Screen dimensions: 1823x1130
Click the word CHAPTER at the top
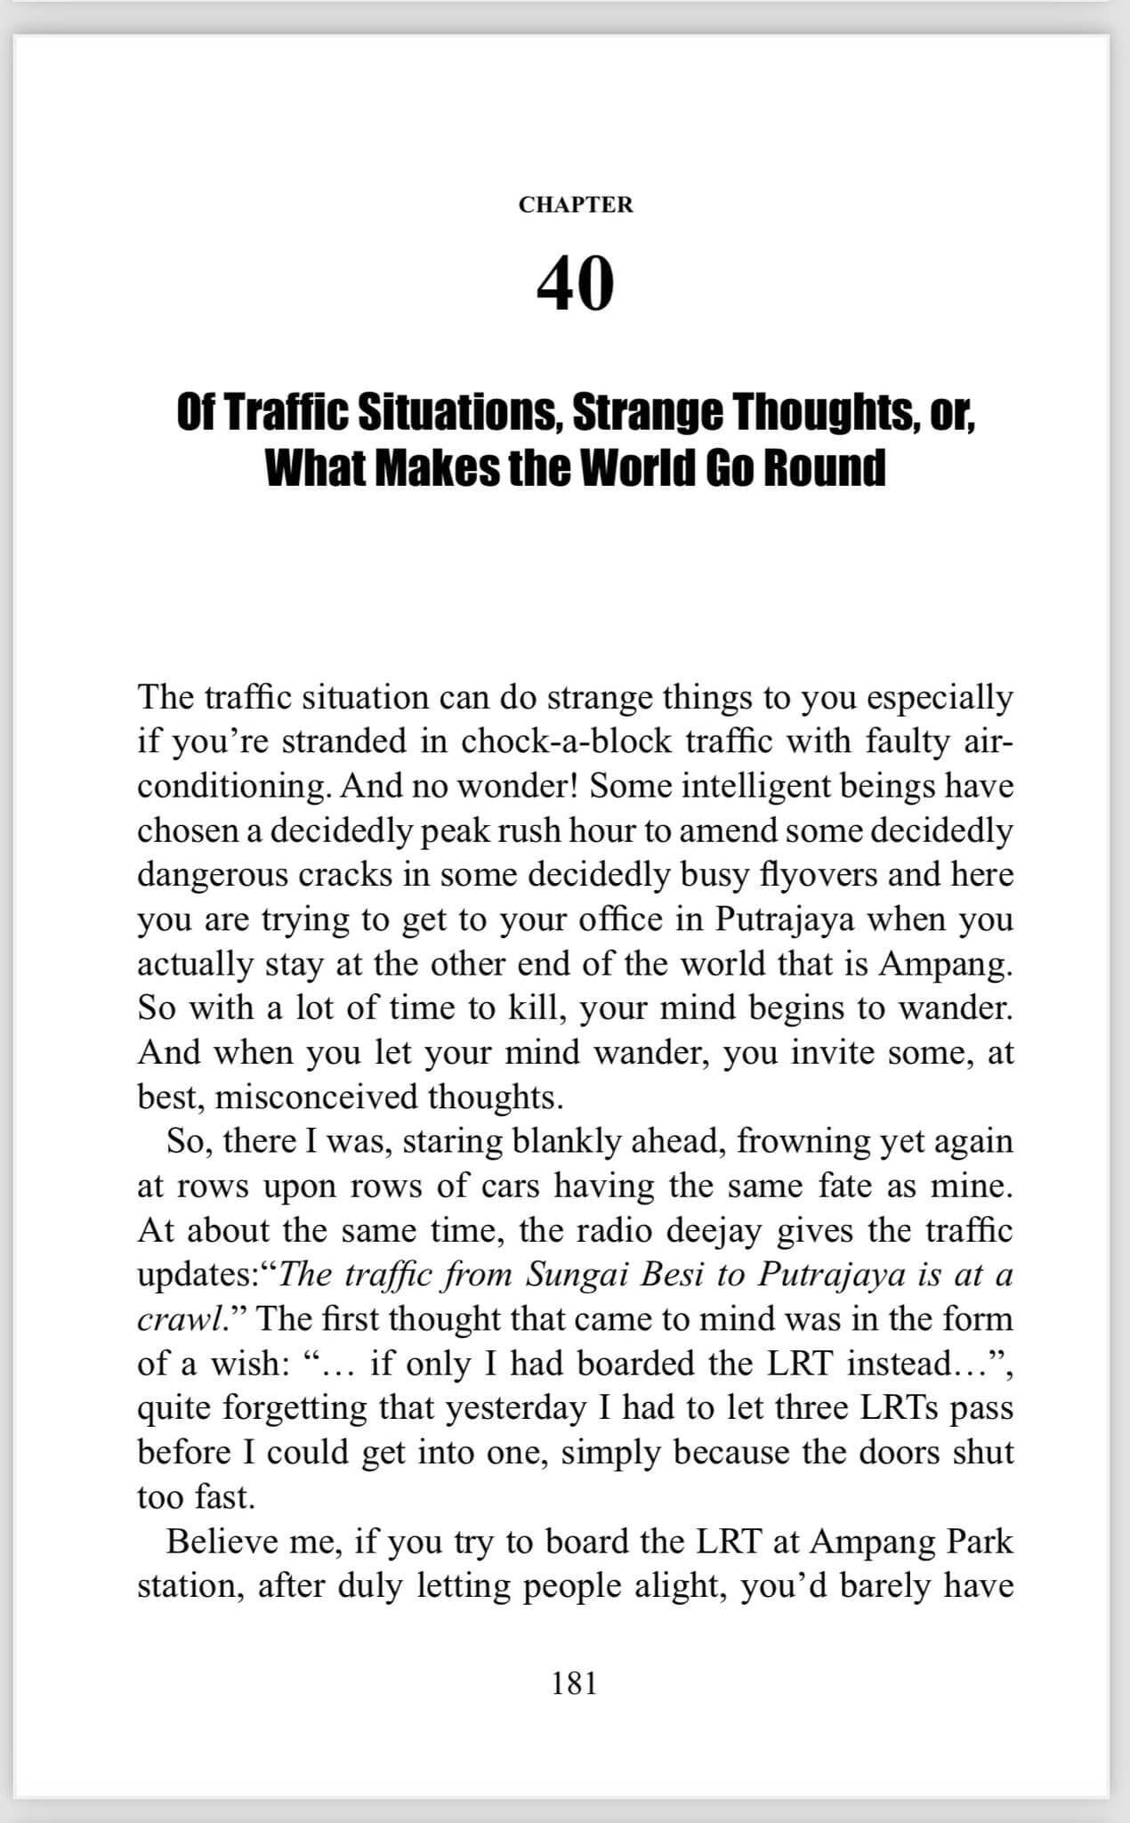coord(576,205)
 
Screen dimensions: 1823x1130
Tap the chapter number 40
coord(576,283)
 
